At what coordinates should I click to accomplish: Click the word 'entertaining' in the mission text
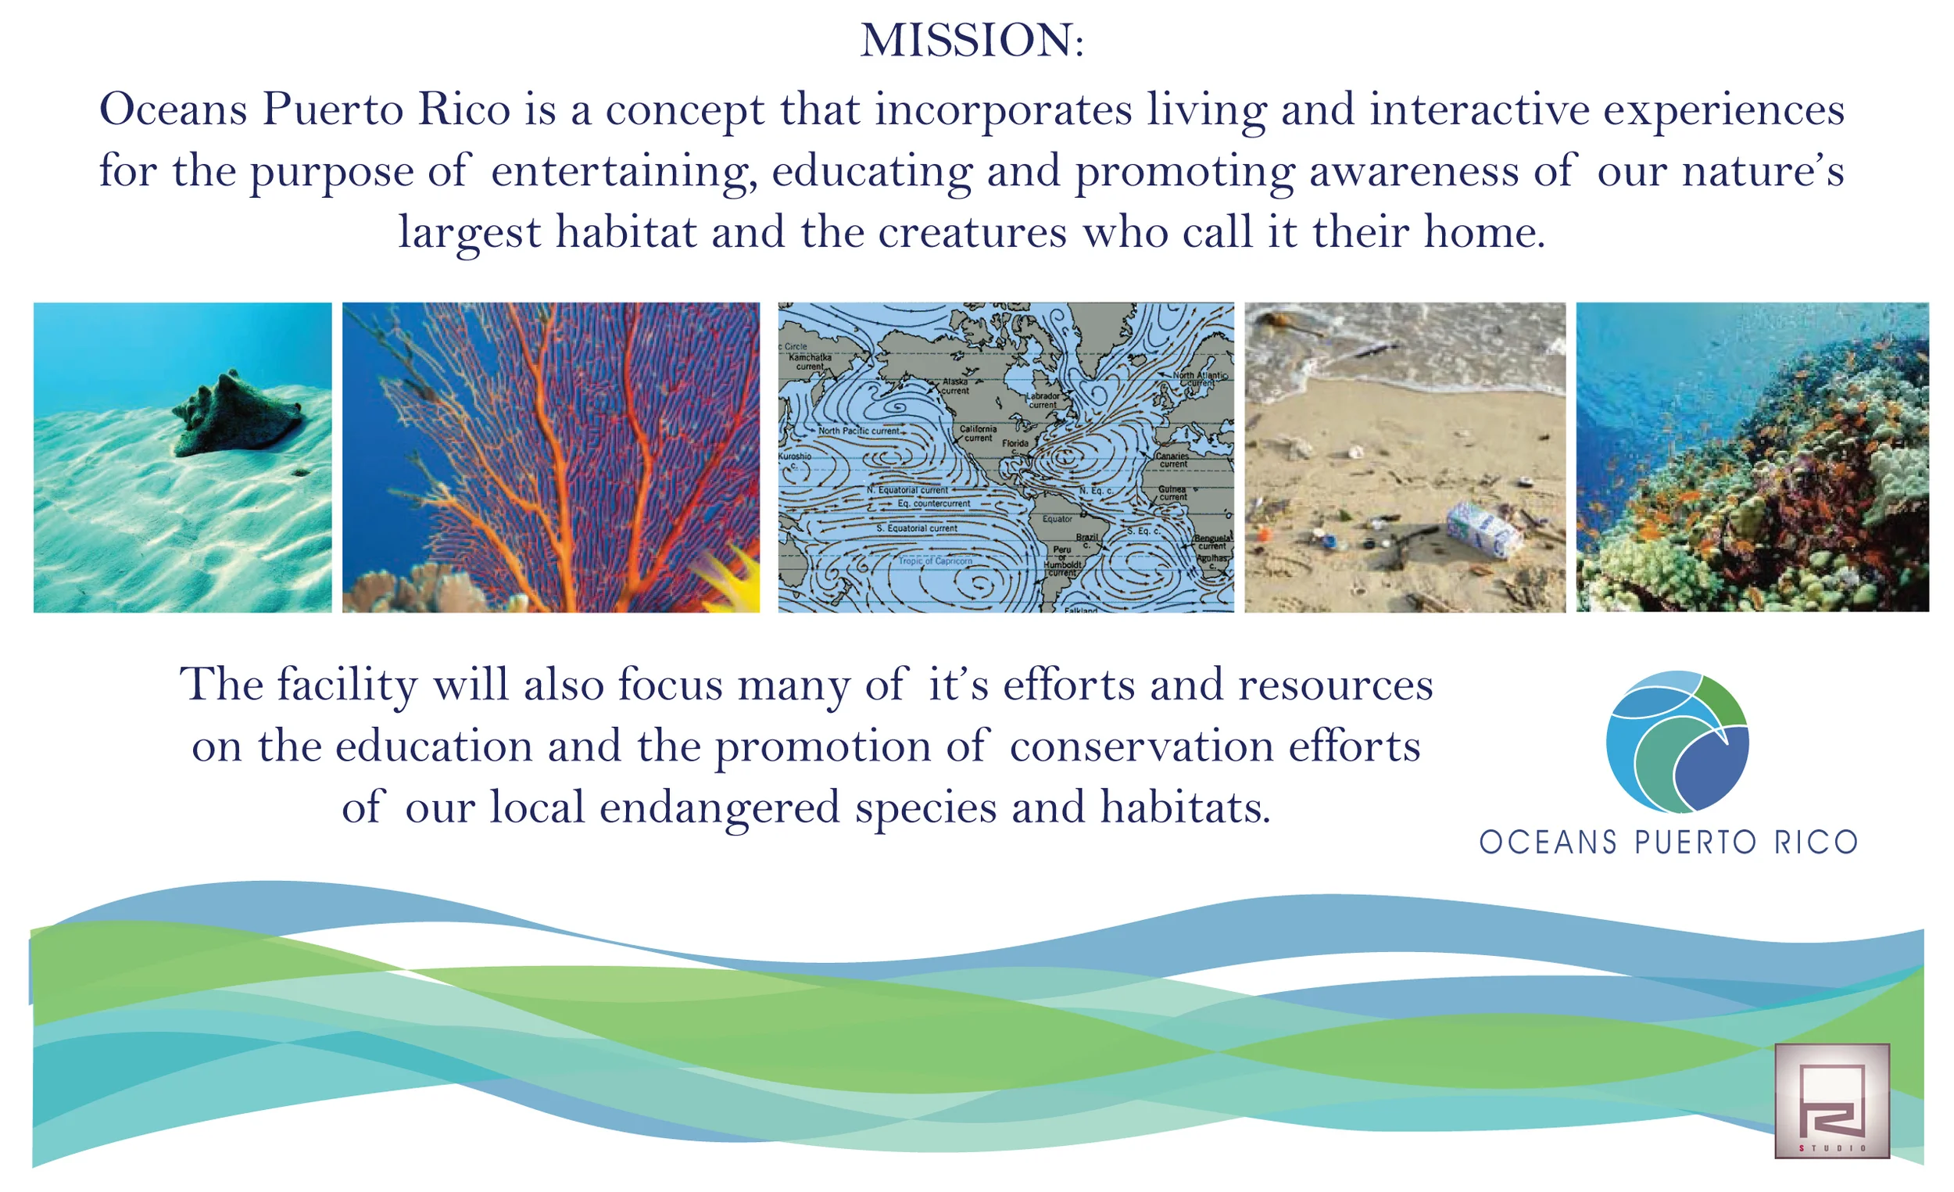(x=619, y=171)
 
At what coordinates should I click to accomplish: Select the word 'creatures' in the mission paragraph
(x=972, y=232)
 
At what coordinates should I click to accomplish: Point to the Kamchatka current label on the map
(x=810, y=362)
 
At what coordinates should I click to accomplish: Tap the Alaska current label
(x=955, y=385)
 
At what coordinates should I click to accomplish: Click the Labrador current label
(x=1043, y=399)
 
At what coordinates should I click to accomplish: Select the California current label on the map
(x=978, y=433)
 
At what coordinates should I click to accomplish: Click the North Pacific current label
(x=858, y=431)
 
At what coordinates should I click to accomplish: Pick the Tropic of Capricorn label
(x=935, y=560)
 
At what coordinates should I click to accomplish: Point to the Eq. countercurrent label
(x=933, y=503)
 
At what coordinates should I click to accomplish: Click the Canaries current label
(x=1172, y=460)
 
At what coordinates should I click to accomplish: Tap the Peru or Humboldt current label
(x=1062, y=560)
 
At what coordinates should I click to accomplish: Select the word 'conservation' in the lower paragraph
(x=1140, y=747)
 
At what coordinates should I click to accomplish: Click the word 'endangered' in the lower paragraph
(x=718, y=808)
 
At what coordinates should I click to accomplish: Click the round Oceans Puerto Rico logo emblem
(x=1677, y=742)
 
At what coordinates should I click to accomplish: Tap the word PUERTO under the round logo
(x=1695, y=843)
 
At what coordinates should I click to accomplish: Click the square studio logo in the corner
(x=1831, y=1100)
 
